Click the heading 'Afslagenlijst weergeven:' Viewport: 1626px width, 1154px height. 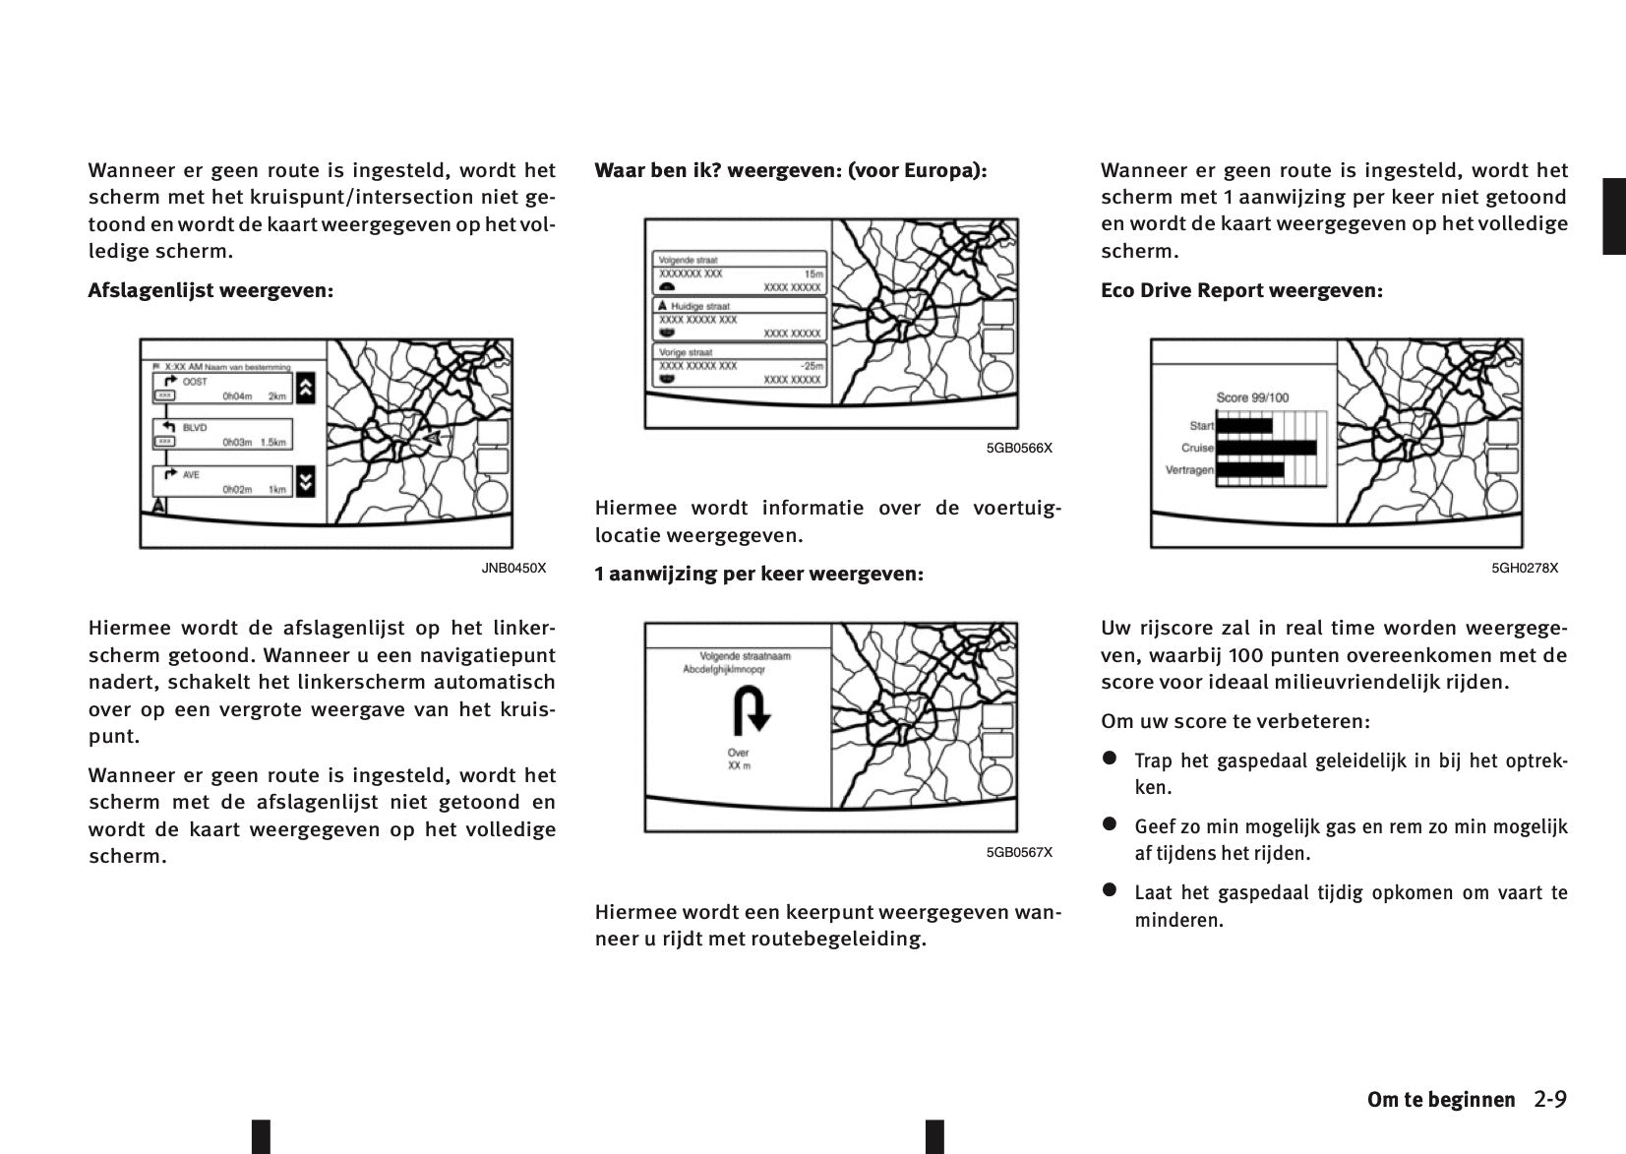click(x=211, y=291)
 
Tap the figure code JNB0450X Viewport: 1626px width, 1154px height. click(x=513, y=568)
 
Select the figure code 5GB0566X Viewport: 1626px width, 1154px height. click(x=1019, y=448)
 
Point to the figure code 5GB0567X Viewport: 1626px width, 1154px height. click(x=1019, y=852)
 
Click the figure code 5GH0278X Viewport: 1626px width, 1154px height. click(x=1525, y=568)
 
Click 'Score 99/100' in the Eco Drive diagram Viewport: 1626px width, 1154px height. click(x=1252, y=397)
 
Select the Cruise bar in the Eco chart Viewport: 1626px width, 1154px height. click(x=1266, y=449)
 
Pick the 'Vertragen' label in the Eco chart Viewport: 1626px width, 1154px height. click(x=1189, y=470)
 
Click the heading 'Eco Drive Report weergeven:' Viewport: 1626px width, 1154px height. click(x=1241, y=291)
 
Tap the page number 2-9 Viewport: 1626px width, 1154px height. click(x=1549, y=1099)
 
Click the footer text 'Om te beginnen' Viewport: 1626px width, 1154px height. click(x=1441, y=1100)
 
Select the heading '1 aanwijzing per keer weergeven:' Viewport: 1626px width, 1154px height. click(x=758, y=574)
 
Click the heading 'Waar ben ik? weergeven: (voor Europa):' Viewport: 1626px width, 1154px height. click(x=790, y=171)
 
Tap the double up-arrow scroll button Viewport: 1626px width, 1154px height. click(x=305, y=388)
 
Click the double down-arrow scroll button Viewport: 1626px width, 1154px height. click(x=305, y=481)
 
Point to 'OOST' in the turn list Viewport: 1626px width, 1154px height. click(x=195, y=382)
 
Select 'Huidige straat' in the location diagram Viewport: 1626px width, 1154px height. click(x=700, y=306)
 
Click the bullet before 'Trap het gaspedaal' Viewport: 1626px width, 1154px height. click(x=1110, y=759)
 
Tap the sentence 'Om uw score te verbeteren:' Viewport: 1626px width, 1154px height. click(x=1235, y=721)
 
